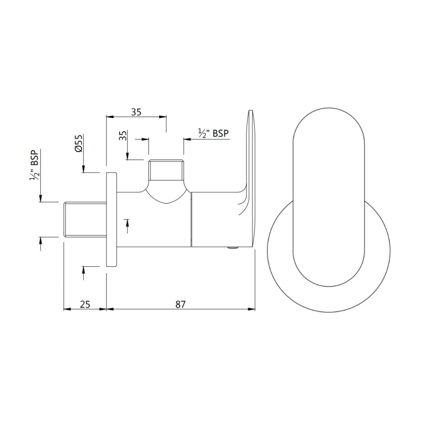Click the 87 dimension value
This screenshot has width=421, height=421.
pos(180,304)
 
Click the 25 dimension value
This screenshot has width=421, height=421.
pos(85,304)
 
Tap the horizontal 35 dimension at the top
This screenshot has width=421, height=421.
pos(136,112)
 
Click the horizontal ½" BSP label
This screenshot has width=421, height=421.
pos(213,133)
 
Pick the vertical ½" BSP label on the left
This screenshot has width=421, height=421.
pos(35,165)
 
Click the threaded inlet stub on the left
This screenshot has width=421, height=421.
pos(85,219)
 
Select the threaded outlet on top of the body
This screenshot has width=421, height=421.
pos(166,170)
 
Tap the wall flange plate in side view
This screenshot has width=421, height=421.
pos(111,219)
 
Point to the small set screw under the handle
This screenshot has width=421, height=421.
pos(232,248)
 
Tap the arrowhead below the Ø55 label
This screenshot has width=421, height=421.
pos(83,168)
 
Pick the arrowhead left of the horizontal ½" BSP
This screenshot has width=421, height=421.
pos(186,139)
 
